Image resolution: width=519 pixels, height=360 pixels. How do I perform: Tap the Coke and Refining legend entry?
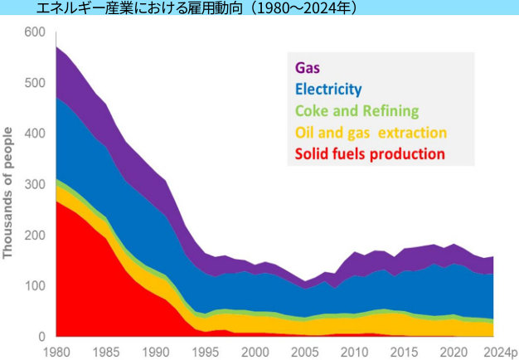click(x=357, y=111)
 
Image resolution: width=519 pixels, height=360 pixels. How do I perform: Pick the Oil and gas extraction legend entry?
click(x=371, y=133)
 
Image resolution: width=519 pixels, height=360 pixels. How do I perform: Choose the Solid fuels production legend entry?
click(x=370, y=154)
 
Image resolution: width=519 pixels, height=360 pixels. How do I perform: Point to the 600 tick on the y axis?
click(x=35, y=32)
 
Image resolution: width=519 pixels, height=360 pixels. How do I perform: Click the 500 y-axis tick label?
click(x=35, y=83)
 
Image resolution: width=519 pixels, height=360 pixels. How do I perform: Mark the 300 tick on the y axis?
click(x=35, y=185)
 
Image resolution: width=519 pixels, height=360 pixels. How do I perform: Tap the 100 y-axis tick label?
click(x=35, y=286)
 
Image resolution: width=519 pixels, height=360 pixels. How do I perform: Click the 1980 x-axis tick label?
click(x=56, y=350)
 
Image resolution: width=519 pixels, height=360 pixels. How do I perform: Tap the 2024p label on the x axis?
click(x=500, y=350)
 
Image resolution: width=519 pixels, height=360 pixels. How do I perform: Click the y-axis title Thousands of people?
click(x=9, y=192)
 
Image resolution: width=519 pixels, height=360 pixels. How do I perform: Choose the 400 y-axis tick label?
click(x=35, y=134)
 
